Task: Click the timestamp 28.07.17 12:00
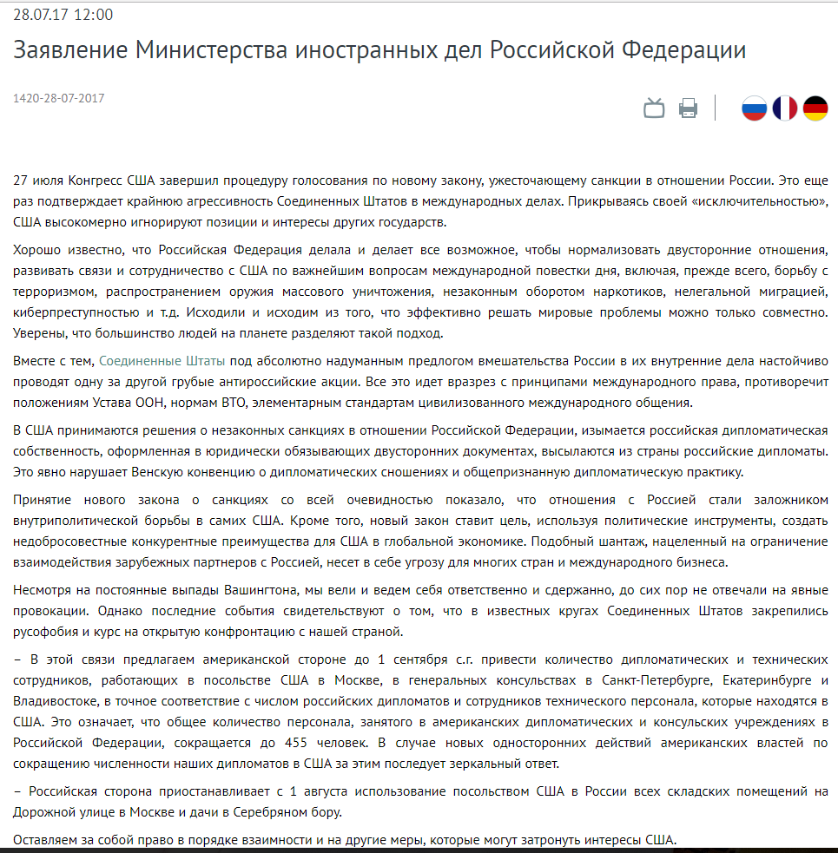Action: (x=63, y=15)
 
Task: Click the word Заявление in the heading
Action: (x=68, y=49)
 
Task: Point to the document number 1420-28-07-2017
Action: (x=58, y=98)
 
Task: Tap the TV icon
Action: (x=654, y=108)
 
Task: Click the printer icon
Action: (x=688, y=108)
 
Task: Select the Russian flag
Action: (x=754, y=108)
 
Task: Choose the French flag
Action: (x=784, y=108)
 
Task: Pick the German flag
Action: (x=815, y=108)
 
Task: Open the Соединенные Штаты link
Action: (x=162, y=359)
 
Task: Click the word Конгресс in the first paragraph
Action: (x=96, y=180)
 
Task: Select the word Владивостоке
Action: (x=54, y=699)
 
